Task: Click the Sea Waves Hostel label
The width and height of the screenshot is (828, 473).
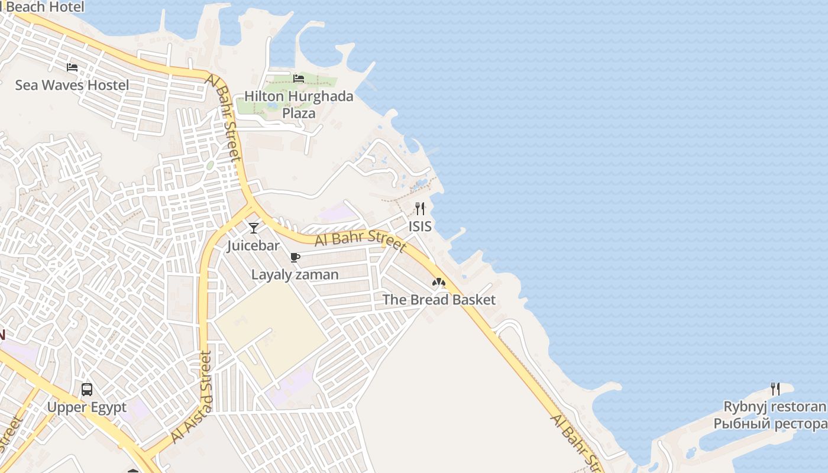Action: (x=72, y=85)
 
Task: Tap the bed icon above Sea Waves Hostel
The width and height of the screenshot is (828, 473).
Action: (x=72, y=67)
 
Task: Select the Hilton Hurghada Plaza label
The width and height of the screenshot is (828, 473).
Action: (x=299, y=105)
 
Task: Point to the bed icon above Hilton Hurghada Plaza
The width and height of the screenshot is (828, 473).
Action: (x=299, y=78)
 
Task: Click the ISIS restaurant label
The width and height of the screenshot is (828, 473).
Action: (x=420, y=226)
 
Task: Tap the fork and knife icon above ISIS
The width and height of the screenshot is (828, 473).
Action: (x=420, y=208)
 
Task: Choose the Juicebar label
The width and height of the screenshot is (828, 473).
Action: (x=253, y=246)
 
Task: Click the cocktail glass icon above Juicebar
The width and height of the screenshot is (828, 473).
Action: (x=254, y=228)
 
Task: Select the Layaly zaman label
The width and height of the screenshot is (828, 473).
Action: (x=295, y=275)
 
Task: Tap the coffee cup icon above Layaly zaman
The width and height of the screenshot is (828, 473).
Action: (x=295, y=257)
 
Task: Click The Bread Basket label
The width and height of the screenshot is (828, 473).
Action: (x=439, y=300)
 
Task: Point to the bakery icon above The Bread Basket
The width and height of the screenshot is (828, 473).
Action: (x=438, y=283)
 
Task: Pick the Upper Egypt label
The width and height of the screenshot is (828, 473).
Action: (x=86, y=407)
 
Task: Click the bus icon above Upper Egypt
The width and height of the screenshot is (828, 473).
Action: (x=87, y=390)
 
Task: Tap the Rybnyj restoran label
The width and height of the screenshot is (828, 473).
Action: (x=775, y=407)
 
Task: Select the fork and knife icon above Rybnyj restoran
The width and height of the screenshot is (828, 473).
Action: (x=775, y=389)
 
